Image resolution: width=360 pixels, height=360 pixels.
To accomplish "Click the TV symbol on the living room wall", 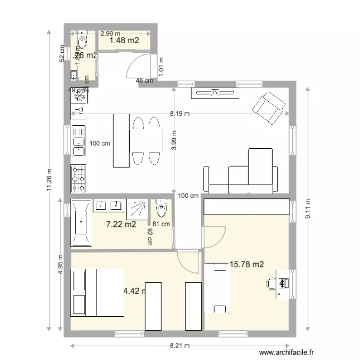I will [x=215, y=93].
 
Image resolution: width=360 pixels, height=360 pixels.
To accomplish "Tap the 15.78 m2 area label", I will [x=247, y=264].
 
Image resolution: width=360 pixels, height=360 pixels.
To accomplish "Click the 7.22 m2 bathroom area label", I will [x=120, y=224].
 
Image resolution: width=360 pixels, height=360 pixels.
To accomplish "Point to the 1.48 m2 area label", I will [x=124, y=41].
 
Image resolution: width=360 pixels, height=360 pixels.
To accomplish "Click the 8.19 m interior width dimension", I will [x=180, y=114].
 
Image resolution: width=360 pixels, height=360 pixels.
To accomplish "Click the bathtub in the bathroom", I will [x=81, y=223].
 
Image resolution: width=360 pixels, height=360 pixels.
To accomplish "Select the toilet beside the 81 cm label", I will [x=161, y=208].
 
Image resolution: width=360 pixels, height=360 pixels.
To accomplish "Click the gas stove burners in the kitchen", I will [x=79, y=177].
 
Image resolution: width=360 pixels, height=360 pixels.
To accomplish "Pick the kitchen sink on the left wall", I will [x=78, y=142].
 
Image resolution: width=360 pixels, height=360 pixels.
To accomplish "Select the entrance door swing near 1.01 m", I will [x=139, y=66].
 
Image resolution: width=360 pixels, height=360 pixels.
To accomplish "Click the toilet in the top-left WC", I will [x=82, y=41].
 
